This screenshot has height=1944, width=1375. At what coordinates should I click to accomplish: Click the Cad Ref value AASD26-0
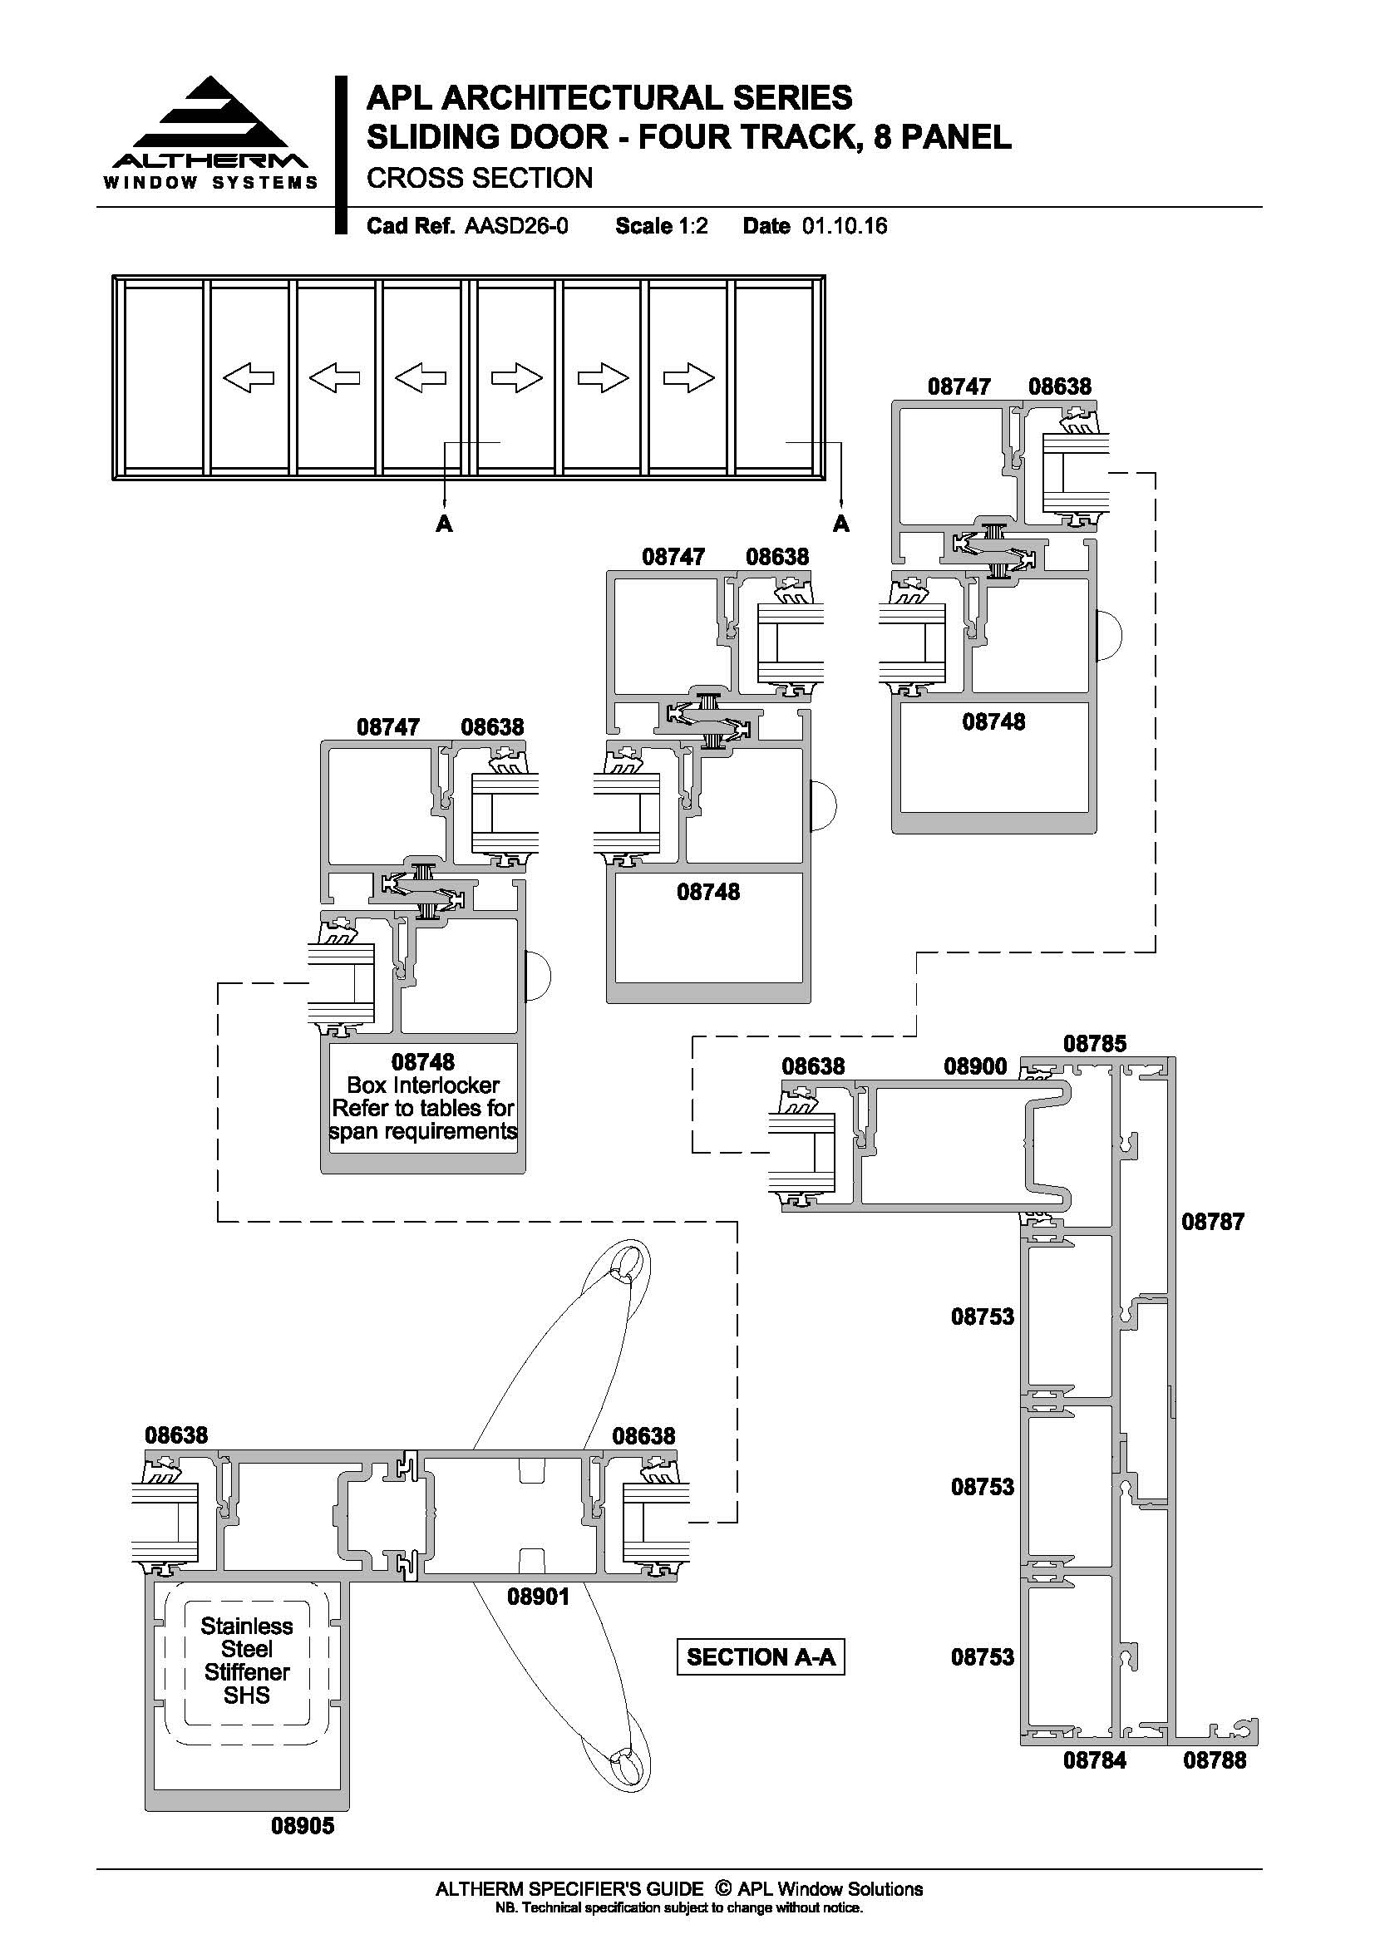pyautogui.click(x=516, y=226)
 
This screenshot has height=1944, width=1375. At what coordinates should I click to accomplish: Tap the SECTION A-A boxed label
pyautogui.click(x=761, y=1657)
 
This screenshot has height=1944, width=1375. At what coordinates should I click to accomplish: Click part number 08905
pyautogui.click(x=303, y=1826)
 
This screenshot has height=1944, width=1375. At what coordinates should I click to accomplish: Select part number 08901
pyautogui.click(x=539, y=1597)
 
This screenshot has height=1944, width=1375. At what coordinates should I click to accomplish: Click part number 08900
pyautogui.click(x=975, y=1066)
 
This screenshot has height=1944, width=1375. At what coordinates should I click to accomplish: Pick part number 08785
pyautogui.click(x=1095, y=1043)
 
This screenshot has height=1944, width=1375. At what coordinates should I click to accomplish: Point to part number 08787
pyautogui.click(x=1213, y=1221)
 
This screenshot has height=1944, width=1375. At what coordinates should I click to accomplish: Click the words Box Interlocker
pyautogui.click(x=423, y=1085)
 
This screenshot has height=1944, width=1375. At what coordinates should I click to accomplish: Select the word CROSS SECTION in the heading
pyautogui.click(x=479, y=178)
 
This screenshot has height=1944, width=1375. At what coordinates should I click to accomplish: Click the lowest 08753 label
pyautogui.click(x=982, y=1656)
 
